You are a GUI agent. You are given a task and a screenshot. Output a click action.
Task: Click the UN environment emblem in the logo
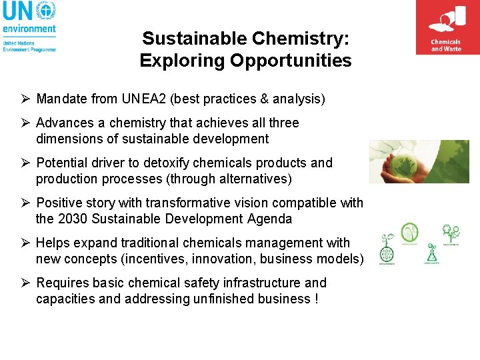tap(45, 11)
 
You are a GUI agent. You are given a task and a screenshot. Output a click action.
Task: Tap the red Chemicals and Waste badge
tap(446, 27)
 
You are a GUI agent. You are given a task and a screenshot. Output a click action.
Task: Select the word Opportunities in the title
tap(291, 61)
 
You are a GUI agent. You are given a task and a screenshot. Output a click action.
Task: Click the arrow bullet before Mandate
tap(24, 99)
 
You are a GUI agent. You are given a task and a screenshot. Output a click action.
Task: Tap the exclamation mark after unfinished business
tap(315, 299)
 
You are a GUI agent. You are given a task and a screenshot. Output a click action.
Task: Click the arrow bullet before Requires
tap(24, 283)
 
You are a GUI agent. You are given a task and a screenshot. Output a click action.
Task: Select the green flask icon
tap(430, 252)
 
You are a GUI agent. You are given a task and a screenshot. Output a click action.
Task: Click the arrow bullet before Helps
tap(24, 243)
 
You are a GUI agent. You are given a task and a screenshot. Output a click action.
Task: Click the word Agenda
tap(268, 219)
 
